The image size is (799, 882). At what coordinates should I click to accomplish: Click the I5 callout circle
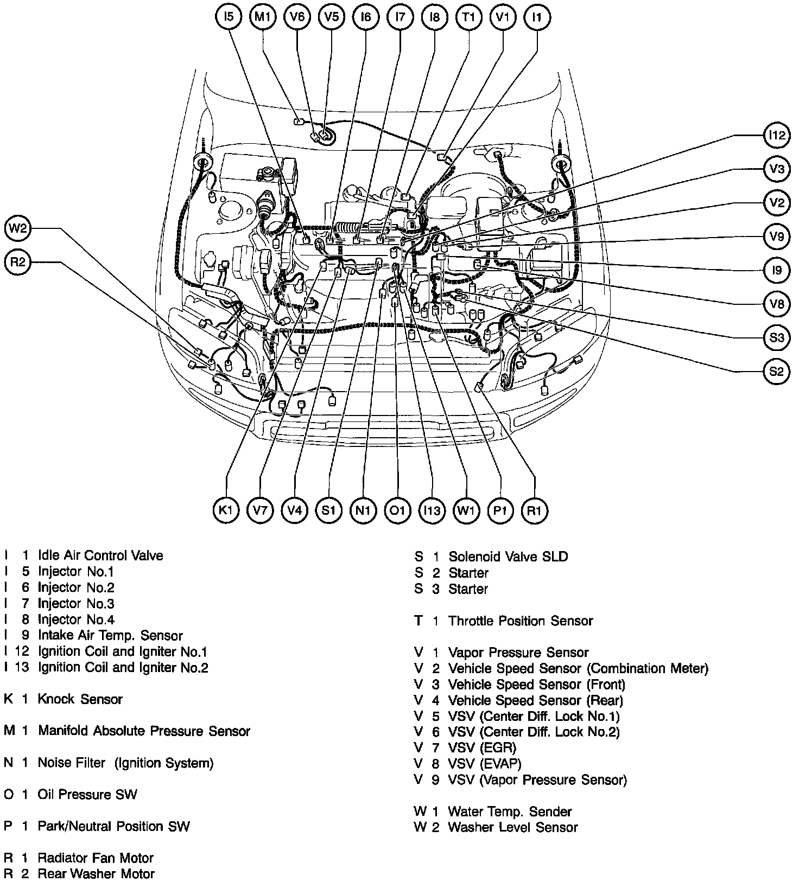(229, 17)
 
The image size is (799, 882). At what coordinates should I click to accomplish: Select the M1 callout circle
(263, 17)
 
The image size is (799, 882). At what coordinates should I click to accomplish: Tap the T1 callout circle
(468, 17)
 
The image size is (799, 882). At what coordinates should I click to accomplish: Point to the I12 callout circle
(777, 135)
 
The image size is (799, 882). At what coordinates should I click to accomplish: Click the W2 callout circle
(18, 228)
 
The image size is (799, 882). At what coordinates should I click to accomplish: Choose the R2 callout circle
(18, 263)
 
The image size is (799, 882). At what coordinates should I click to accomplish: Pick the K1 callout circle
(226, 510)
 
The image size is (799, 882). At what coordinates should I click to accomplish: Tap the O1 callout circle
(397, 510)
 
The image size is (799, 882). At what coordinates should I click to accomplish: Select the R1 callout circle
(535, 510)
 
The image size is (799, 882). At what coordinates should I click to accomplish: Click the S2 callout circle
(777, 372)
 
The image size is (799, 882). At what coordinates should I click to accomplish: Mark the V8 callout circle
(777, 304)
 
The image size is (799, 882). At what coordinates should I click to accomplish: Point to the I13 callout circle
(432, 510)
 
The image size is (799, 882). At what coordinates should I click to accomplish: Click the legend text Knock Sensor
(80, 699)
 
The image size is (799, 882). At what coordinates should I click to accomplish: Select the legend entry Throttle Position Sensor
(520, 621)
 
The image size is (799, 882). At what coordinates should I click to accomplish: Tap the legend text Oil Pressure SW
(87, 795)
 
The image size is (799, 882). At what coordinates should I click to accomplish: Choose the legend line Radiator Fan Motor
(96, 858)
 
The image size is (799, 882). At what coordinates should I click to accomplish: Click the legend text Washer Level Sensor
(512, 827)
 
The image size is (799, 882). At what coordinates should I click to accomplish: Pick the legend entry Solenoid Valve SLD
(508, 557)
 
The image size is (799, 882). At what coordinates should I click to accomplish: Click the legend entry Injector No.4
(76, 619)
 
